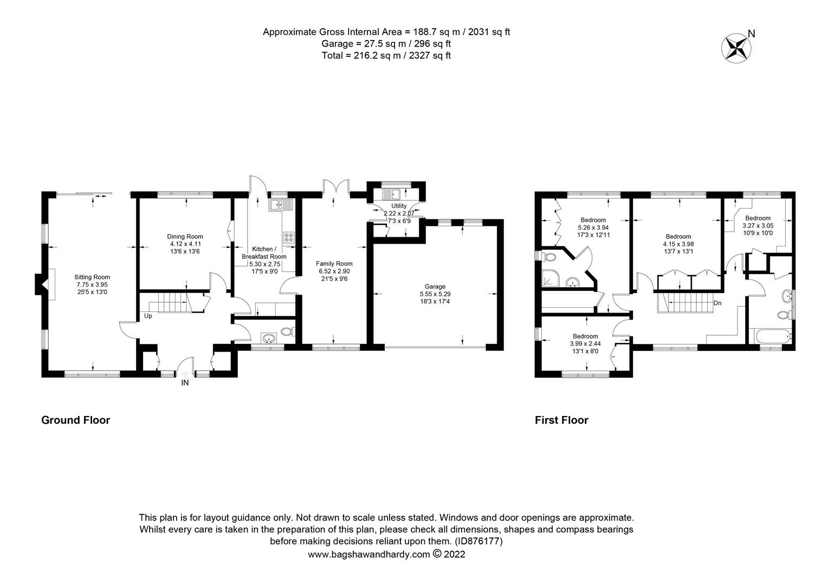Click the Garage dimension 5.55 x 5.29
(435, 294)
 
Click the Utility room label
(398, 206)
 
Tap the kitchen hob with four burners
(288, 237)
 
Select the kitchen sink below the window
(280, 204)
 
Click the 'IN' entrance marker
(185, 382)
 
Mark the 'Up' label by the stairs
(148, 316)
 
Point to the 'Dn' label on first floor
(717, 303)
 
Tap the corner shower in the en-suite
(552, 278)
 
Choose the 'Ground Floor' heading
(75, 420)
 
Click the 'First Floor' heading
(561, 420)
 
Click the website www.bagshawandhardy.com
(369, 554)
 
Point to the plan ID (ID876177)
(478, 541)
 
